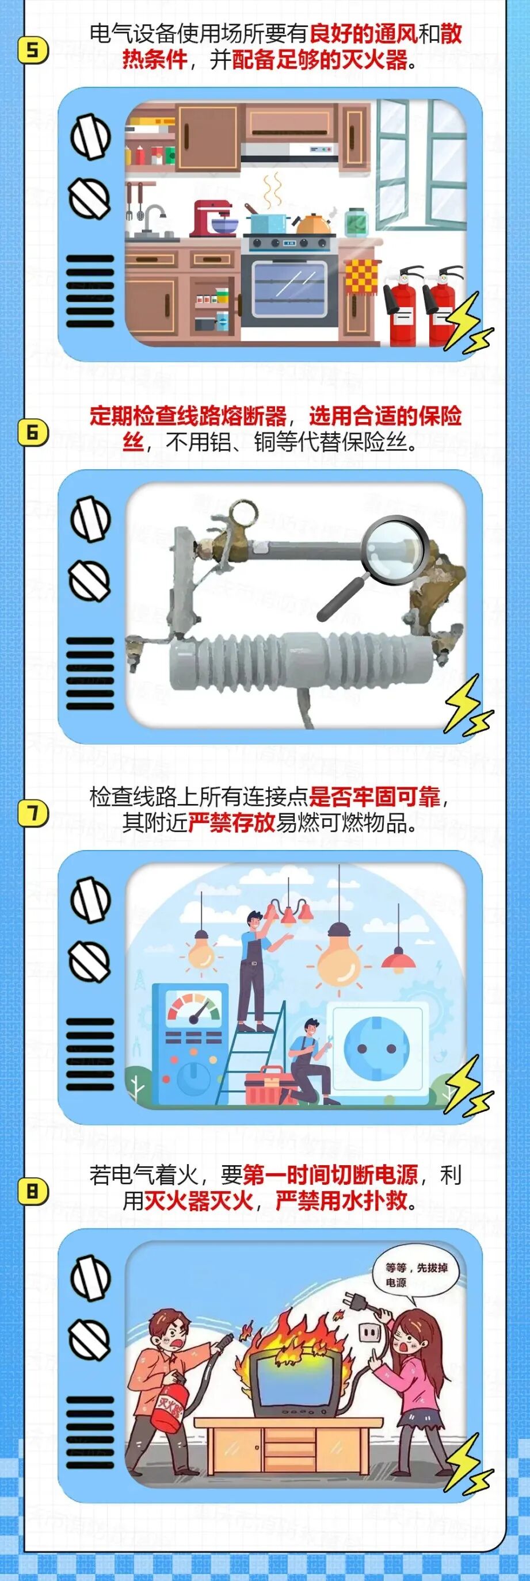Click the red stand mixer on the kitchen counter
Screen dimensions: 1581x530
pos(212,219)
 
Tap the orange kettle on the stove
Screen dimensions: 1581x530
pos(312,223)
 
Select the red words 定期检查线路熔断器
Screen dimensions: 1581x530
pos(188,416)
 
